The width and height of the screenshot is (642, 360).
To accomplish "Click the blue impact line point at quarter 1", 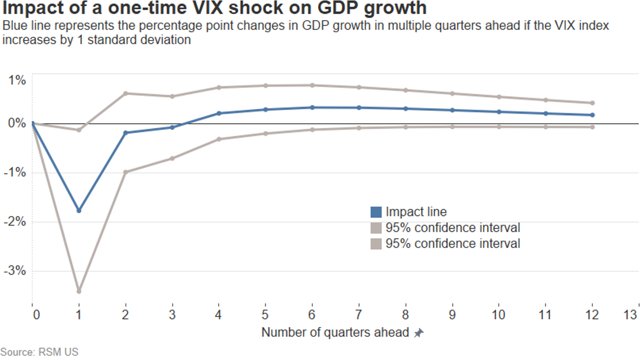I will tap(79, 210).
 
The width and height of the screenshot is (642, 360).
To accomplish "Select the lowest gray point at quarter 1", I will tap(79, 291).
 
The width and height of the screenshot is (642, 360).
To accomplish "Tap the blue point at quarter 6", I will tap(312, 108).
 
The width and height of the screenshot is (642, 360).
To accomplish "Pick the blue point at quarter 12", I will tap(592, 115).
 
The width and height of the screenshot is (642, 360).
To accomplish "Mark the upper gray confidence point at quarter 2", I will tap(125, 93).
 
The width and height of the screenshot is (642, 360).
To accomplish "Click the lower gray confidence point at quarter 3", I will tap(172, 158).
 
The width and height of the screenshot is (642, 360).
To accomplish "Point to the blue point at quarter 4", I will tap(219, 113).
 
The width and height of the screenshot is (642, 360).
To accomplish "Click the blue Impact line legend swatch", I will tap(376, 212).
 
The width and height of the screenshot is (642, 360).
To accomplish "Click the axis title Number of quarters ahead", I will tap(335, 333).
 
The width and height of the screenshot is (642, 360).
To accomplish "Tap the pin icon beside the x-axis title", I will tap(418, 333).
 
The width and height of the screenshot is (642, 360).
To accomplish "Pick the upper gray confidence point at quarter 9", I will tap(452, 93).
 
